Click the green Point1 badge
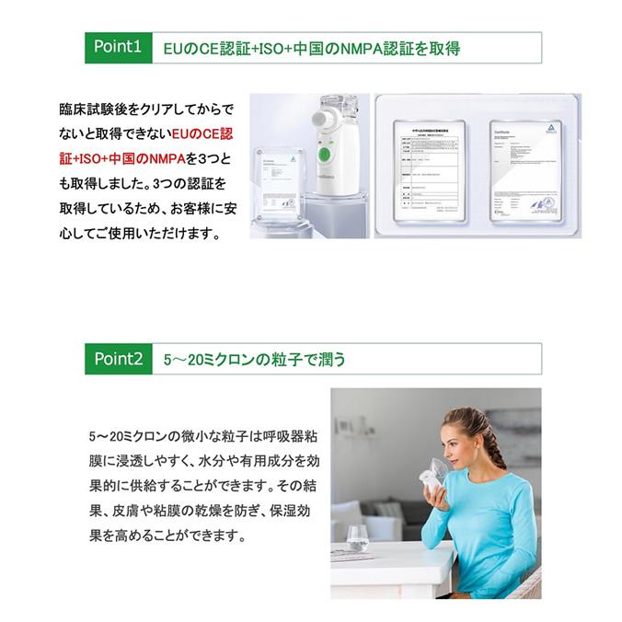pyautogui.click(x=117, y=47)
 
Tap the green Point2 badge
pyautogui.click(x=117, y=359)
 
